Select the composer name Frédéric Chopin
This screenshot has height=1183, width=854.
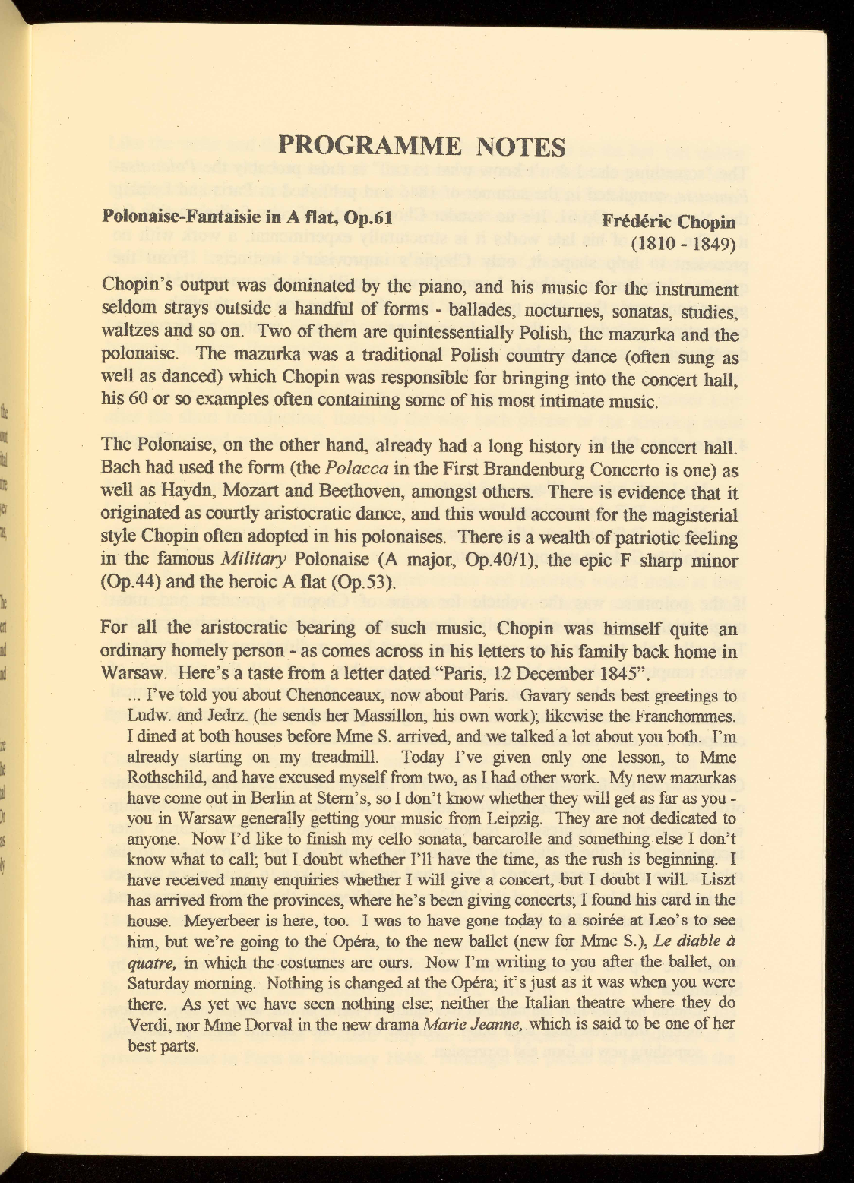[x=669, y=223]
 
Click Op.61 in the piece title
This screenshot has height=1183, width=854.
[x=368, y=219]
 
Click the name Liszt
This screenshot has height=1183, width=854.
[x=718, y=880]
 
